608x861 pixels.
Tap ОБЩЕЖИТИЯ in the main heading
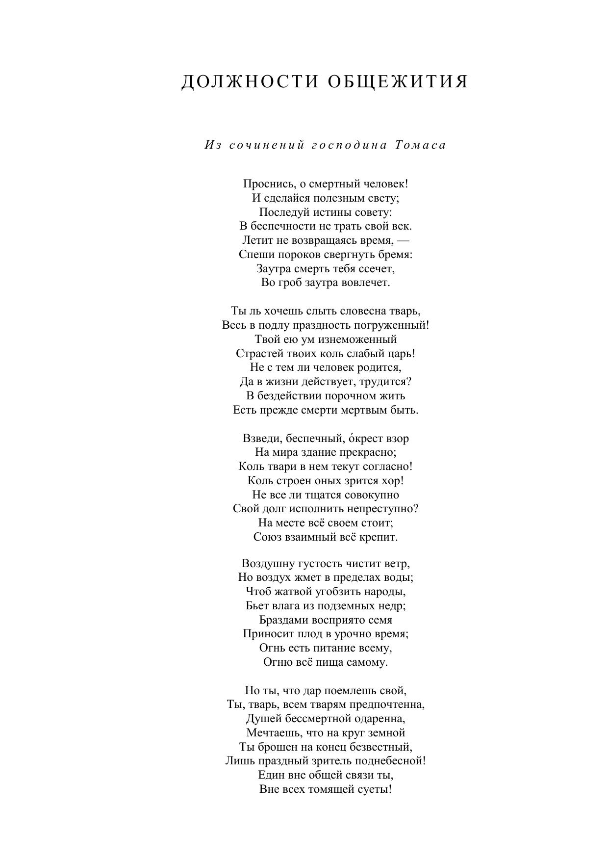point(398,81)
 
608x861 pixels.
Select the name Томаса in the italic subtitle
point(421,145)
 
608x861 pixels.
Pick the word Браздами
point(282,620)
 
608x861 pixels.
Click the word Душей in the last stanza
point(263,719)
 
